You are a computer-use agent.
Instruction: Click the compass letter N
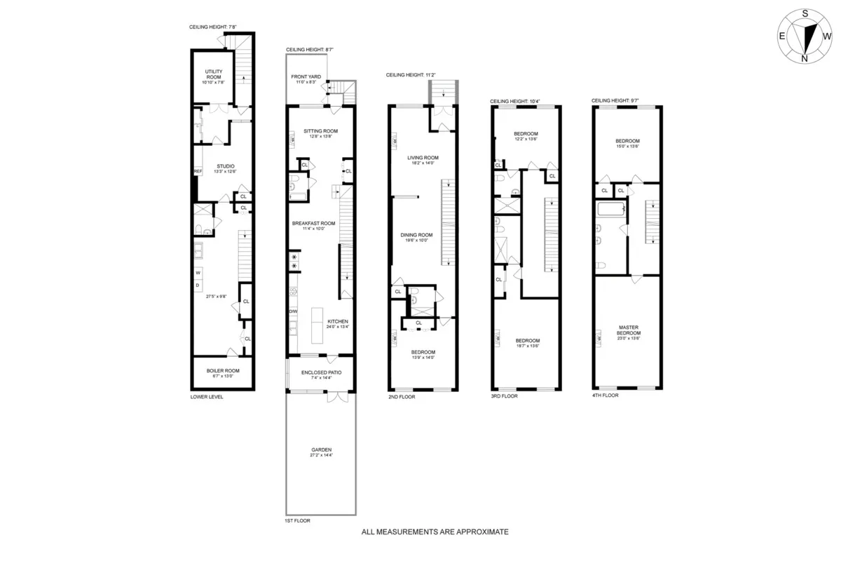click(805, 59)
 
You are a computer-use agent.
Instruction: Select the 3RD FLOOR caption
click(505, 396)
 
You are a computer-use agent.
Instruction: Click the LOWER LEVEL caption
click(207, 396)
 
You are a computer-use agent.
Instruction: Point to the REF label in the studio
click(197, 171)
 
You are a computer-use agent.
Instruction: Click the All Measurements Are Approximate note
click(435, 532)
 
